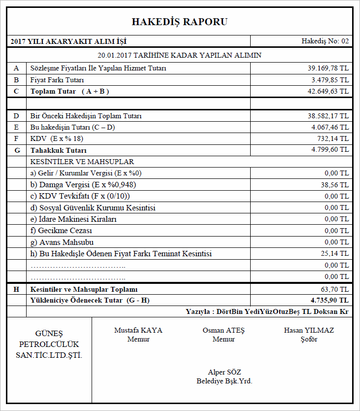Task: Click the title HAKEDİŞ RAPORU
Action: (180, 22)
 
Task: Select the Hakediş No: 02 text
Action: (325, 41)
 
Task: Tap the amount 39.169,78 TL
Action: (328, 68)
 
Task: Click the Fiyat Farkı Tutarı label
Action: (57, 80)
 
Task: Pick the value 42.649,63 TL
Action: (328, 92)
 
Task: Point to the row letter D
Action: (16, 116)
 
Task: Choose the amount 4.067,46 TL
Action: (329, 128)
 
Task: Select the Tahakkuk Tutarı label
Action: (58, 150)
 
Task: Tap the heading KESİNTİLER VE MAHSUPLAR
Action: (82, 162)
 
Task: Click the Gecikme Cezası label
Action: (61, 231)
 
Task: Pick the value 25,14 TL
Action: (336, 254)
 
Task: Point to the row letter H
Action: (16, 289)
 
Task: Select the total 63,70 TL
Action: (336, 289)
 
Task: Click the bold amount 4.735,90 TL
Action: (329, 300)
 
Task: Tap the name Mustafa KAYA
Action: (138, 330)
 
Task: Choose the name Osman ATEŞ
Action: (223, 330)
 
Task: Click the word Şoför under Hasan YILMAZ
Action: (309, 339)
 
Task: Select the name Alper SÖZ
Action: (225, 372)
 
